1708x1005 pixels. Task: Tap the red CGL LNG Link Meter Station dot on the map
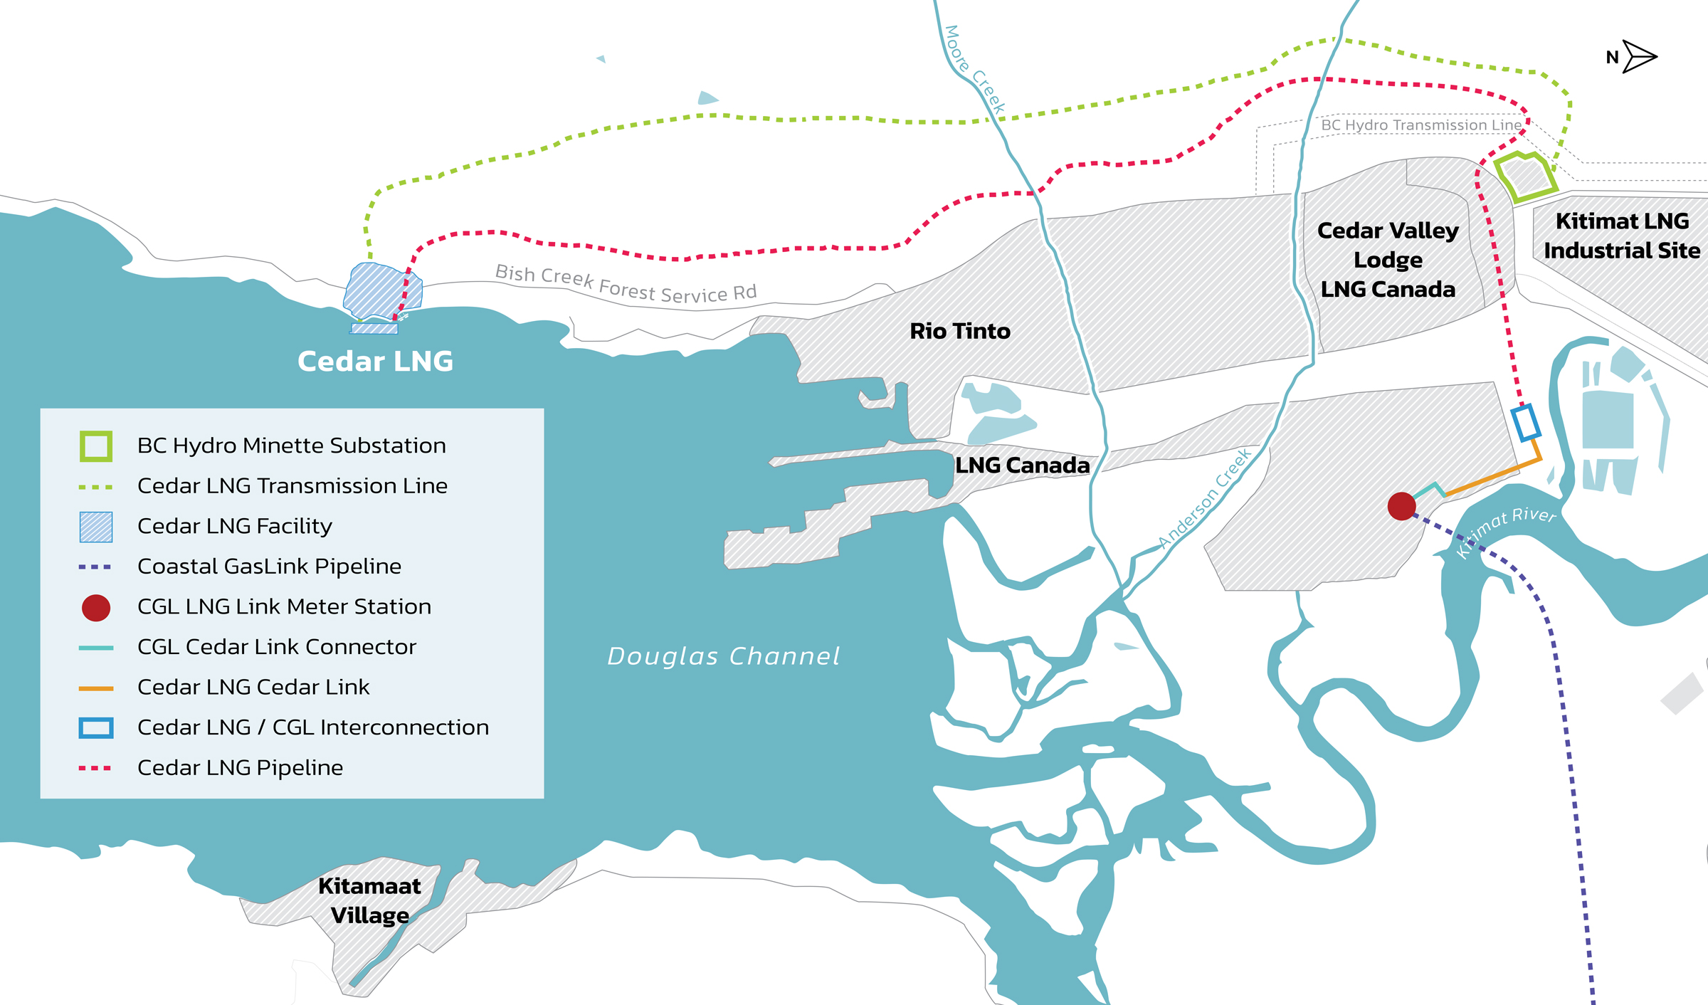point(1401,506)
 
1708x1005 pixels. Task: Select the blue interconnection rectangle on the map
point(1525,423)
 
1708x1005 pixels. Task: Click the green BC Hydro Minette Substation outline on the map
point(1524,176)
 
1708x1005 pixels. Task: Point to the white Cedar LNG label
point(375,362)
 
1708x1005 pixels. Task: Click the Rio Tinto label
point(960,331)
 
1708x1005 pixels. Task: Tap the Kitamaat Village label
point(369,900)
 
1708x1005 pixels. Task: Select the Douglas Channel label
point(723,656)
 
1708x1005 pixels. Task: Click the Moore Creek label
point(974,70)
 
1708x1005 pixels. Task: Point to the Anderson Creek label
point(1204,499)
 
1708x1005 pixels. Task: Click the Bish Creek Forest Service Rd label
point(626,284)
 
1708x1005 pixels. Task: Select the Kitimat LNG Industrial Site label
point(1622,236)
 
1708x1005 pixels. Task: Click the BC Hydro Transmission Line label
point(1420,125)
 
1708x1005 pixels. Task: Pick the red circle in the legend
point(96,608)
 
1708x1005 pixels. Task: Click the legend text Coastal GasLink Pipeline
point(269,567)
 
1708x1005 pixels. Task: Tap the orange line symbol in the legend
point(96,688)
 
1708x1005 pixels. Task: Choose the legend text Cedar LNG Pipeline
point(240,768)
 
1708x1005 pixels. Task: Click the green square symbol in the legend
point(96,446)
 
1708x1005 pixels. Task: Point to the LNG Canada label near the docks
point(1022,465)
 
